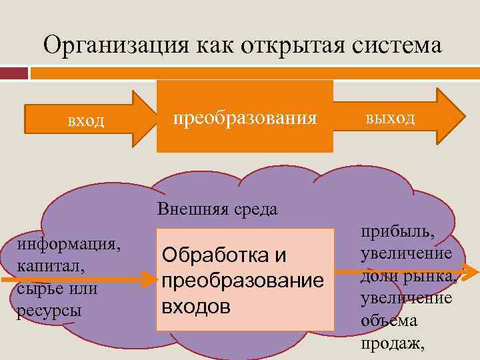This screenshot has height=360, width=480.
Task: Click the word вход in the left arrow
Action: click(86, 121)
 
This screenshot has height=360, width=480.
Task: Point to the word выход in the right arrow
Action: click(390, 118)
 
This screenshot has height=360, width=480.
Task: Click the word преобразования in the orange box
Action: click(245, 118)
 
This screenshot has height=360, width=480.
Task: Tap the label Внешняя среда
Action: click(217, 209)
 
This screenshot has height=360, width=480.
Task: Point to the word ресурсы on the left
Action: click(44, 311)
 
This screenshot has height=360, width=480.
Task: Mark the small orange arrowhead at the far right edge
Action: click(470, 272)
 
